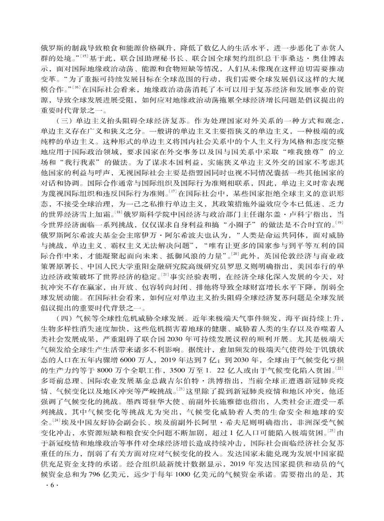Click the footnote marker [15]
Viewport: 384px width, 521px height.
coord(84,57)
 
